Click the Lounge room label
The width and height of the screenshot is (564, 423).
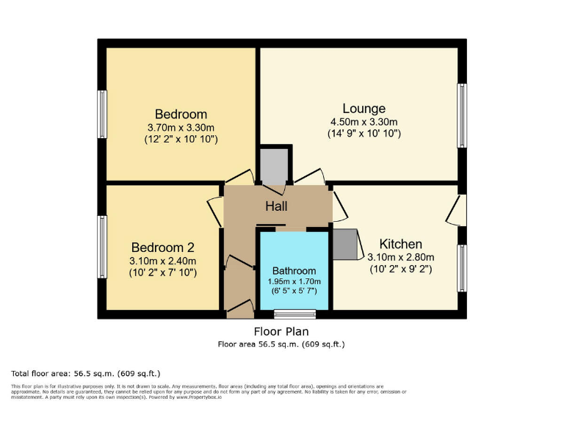364,109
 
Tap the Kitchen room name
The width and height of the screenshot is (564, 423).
400,244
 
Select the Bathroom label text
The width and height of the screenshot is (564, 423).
294,270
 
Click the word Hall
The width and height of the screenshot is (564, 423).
276,207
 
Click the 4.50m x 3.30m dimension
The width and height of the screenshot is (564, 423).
364,122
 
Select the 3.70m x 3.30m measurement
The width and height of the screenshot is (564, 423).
181,126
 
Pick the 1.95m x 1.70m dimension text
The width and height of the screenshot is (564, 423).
294,281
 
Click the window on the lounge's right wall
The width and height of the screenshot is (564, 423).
462,116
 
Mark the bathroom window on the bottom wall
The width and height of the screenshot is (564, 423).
295,314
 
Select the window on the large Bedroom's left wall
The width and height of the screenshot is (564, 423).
102,114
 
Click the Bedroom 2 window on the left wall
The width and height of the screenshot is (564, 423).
102,246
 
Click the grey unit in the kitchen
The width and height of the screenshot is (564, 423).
344,245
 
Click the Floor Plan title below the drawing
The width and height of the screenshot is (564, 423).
281,332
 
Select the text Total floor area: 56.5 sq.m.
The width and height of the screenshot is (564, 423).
85,373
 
